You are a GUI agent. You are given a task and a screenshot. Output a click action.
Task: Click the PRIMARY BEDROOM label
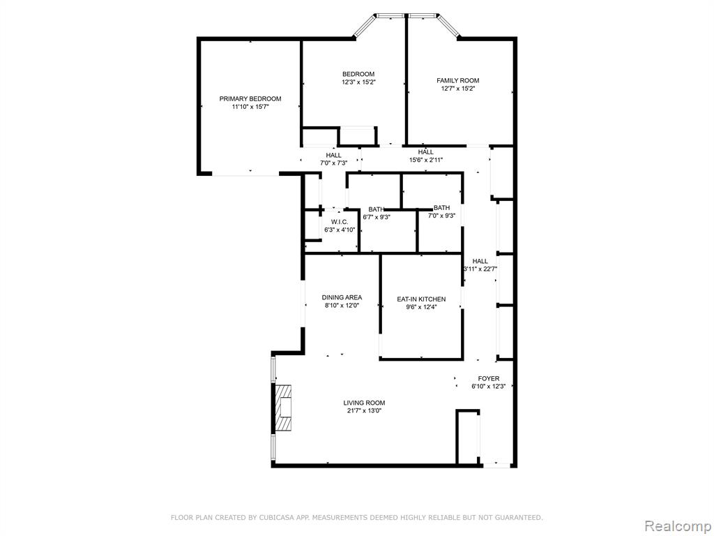250,98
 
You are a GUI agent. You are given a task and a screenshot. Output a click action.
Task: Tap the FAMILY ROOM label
457,81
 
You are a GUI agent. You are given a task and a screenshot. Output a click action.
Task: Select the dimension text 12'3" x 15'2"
359,82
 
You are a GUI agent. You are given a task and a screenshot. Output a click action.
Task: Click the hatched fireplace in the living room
283,408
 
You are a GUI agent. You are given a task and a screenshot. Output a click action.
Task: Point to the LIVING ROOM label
364,403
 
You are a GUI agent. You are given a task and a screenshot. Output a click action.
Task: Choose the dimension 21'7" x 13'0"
364,411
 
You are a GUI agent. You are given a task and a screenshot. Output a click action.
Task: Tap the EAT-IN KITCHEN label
421,299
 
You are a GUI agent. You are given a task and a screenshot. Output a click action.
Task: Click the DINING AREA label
342,297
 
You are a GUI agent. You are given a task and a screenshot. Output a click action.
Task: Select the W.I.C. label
340,222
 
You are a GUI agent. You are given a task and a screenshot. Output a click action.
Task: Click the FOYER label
489,378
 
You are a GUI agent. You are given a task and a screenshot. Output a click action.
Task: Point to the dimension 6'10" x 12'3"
489,387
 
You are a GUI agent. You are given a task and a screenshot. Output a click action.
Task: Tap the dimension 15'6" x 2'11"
426,160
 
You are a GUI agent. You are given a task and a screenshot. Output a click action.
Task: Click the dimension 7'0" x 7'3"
333,163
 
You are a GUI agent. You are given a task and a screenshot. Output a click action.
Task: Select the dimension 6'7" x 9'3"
376,217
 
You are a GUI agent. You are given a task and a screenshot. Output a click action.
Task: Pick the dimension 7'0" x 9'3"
441,216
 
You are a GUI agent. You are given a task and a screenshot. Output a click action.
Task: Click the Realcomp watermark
677,526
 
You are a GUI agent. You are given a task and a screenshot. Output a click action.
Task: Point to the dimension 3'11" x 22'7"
480,269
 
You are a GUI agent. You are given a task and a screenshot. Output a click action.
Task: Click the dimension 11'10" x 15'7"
250,107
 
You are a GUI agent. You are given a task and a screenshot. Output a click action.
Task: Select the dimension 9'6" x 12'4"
421,307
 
